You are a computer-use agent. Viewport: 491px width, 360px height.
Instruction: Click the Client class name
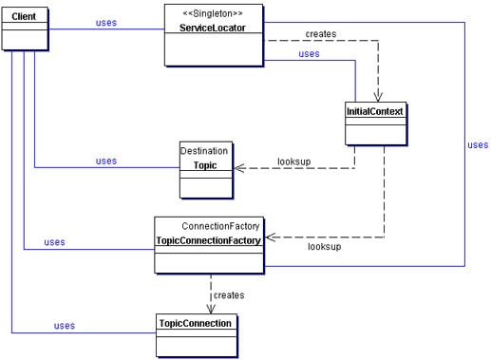[24, 17]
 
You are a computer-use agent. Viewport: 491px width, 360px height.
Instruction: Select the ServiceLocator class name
[213, 28]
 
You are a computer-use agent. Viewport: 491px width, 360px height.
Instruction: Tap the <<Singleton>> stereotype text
[213, 13]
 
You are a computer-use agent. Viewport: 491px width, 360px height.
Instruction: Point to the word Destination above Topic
[204, 150]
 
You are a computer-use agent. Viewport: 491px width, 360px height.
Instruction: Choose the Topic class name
[205, 165]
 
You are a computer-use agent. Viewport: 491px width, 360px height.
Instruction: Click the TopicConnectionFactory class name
[208, 241]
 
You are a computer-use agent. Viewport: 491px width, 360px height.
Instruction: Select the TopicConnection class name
[194, 324]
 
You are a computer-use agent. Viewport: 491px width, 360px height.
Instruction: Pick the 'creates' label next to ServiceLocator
[321, 34]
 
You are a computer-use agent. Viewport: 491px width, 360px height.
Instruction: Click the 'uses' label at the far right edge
[478, 145]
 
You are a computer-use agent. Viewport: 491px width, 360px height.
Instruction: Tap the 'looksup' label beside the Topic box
[295, 161]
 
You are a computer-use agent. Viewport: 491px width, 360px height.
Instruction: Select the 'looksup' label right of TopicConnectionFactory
[325, 247]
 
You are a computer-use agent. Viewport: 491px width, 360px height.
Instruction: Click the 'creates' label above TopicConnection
[229, 295]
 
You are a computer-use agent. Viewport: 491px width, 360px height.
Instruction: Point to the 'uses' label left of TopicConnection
[65, 326]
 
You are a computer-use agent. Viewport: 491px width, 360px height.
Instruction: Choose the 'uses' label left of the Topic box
[106, 161]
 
